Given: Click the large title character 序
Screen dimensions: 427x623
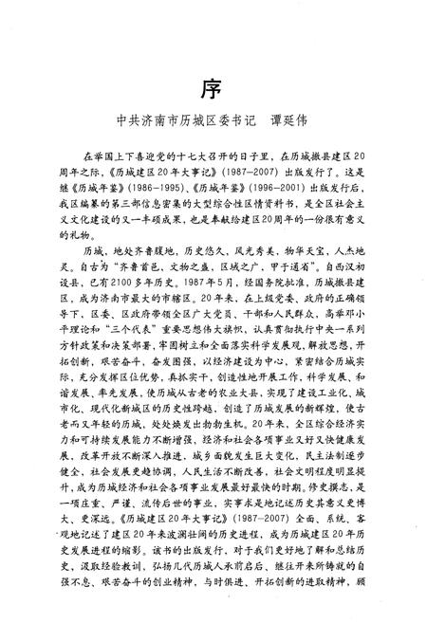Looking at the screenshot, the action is click(212, 88).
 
